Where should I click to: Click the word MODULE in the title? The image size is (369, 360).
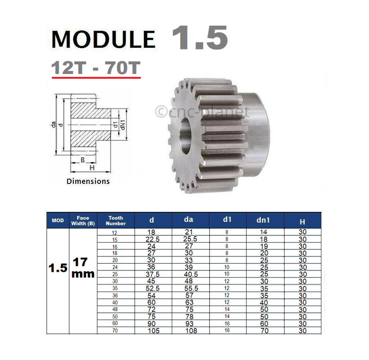(103, 40)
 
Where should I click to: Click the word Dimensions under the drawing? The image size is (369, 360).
(88, 181)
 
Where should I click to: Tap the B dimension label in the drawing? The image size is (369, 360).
(82, 160)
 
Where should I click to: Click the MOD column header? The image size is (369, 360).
(58, 220)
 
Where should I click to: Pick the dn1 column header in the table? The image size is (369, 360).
(264, 220)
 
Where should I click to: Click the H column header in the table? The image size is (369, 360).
(302, 221)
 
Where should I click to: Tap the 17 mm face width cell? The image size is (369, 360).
(83, 267)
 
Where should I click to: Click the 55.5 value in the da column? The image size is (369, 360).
(190, 288)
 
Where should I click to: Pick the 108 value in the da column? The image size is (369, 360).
(190, 331)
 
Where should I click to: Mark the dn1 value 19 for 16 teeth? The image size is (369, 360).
(264, 247)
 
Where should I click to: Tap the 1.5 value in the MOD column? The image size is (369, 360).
(58, 267)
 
